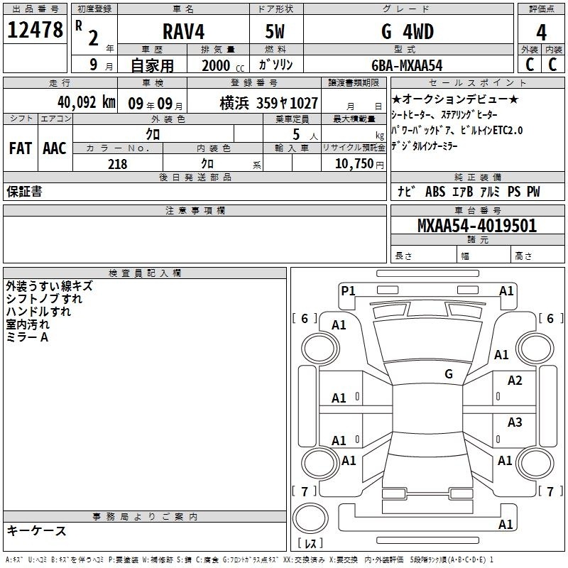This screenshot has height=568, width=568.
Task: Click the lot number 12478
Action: [x=35, y=30]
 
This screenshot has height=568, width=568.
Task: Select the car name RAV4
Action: [x=184, y=31]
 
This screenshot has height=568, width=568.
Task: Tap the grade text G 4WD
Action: [x=408, y=31]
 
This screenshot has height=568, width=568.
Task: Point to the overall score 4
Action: [x=541, y=33]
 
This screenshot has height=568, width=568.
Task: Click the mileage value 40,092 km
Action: [x=87, y=102]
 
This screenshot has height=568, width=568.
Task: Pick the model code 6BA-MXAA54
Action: [x=407, y=65]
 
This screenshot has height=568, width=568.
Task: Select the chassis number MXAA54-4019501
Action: [x=477, y=226]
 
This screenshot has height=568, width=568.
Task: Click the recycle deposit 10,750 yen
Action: [x=359, y=164]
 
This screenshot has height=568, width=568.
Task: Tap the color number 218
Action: [x=118, y=164]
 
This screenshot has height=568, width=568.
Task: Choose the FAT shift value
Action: [x=21, y=148]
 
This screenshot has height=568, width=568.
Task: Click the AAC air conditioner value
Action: [x=55, y=148]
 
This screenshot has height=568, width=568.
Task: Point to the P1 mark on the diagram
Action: [x=348, y=290]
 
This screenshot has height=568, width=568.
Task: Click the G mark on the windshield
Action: [x=449, y=374]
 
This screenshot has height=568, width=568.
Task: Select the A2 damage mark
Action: [x=515, y=381]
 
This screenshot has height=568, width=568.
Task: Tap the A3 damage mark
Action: [x=515, y=422]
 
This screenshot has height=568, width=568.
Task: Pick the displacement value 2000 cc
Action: [x=223, y=66]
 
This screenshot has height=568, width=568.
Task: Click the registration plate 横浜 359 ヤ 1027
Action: [x=269, y=104]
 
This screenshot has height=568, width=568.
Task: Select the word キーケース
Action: [x=37, y=530]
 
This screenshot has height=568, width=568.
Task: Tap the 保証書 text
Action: [x=24, y=192]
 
